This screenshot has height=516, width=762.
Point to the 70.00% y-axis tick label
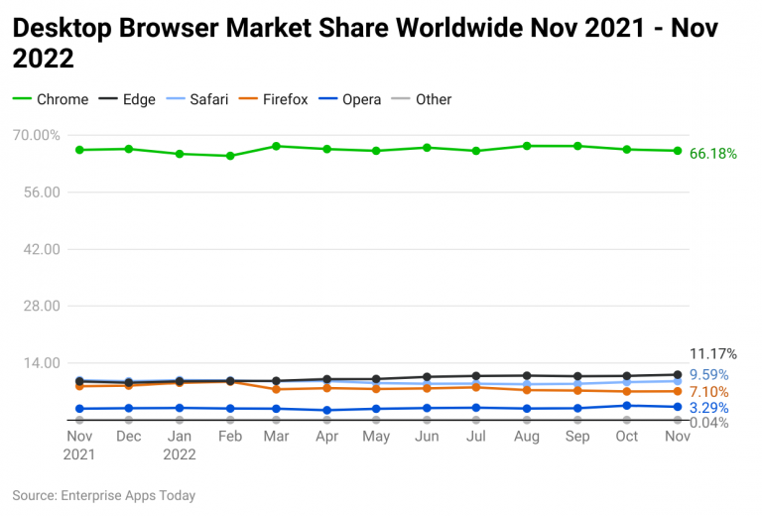click(x=37, y=135)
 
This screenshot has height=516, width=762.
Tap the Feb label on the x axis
click(x=229, y=437)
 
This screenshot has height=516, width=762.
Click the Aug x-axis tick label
click(x=528, y=437)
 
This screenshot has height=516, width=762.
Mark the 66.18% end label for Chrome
click(x=713, y=154)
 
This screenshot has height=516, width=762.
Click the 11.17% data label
click(x=713, y=353)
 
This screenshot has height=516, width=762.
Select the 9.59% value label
click(x=708, y=375)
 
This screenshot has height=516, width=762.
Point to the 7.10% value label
click(x=708, y=393)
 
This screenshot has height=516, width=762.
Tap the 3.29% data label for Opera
click(x=708, y=408)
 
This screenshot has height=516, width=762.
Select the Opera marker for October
click(x=627, y=405)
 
